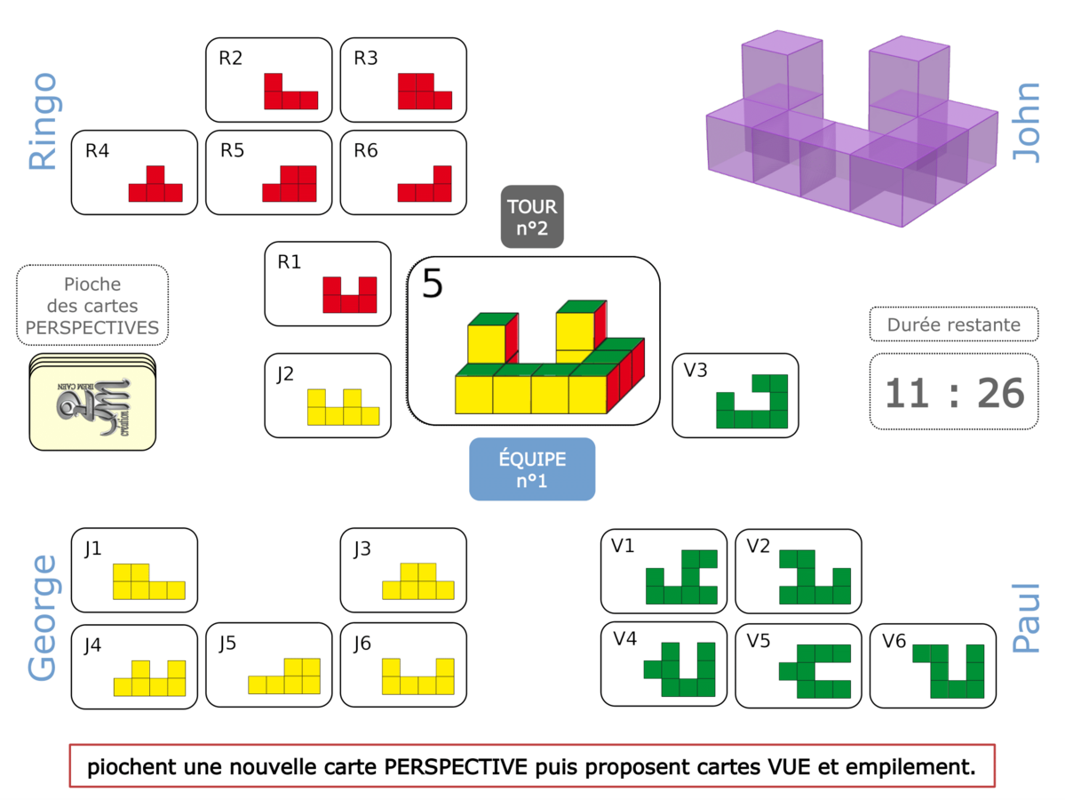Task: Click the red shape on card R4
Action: pos(155,186)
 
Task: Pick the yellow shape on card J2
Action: pos(343,408)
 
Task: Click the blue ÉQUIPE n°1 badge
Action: pos(532,469)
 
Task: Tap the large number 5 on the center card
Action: pos(432,284)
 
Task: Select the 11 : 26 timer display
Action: pos(954,392)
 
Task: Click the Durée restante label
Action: pos(954,324)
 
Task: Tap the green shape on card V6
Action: pos(950,671)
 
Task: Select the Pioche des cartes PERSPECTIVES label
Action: pos(92,306)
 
